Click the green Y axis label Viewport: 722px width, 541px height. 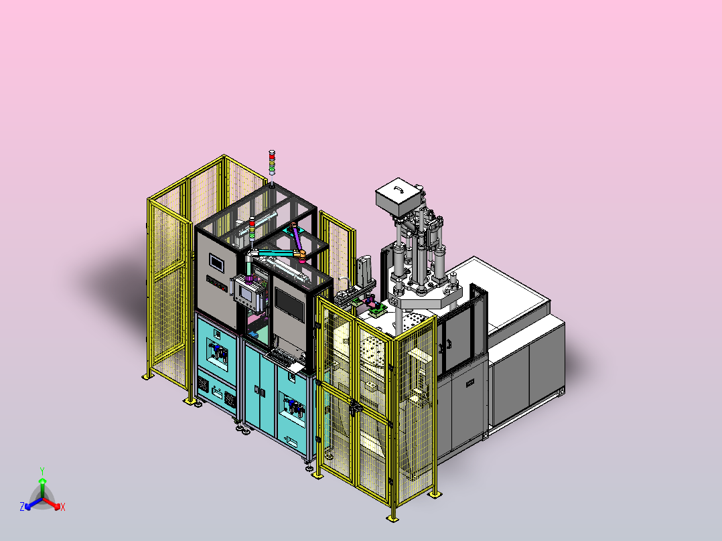[42, 471]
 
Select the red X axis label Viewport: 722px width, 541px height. [63, 507]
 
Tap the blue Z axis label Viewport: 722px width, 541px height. [22, 506]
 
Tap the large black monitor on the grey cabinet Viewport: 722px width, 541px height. [289, 305]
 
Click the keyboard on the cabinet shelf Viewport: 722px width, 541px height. [281, 356]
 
